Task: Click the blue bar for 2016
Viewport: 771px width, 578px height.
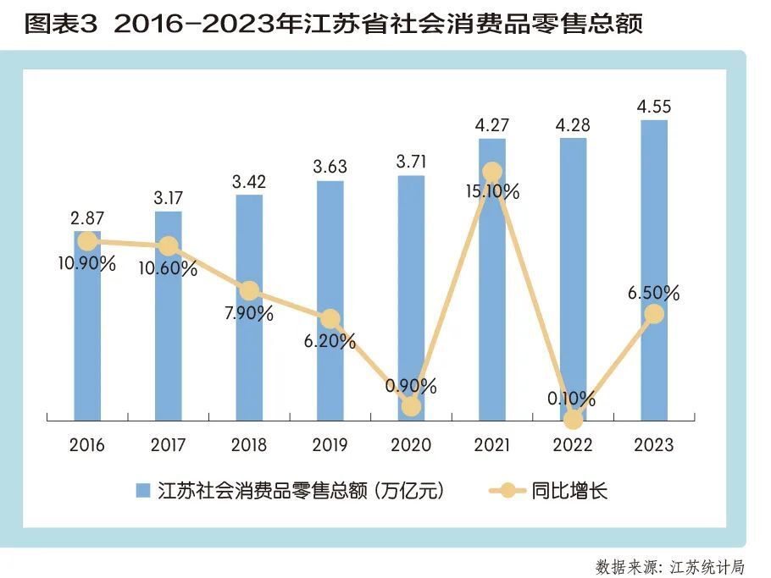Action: pos(86,339)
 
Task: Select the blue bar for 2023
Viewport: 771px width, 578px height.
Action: pos(654,271)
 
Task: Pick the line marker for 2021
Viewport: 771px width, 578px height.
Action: pos(492,172)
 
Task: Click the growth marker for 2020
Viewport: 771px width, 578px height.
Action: pos(411,406)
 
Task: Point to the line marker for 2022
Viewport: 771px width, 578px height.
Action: pos(574,419)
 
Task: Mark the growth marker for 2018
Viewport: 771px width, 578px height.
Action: pos(249,290)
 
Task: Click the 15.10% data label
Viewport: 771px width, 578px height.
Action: pos(492,192)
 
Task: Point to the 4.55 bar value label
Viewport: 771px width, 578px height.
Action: pos(654,107)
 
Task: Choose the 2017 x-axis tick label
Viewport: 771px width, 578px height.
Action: pos(168,445)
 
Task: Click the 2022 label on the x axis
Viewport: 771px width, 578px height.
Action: pos(573,445)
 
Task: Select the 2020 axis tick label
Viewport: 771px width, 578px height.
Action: pos(411,445)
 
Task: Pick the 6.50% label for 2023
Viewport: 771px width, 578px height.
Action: pos(654,294)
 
